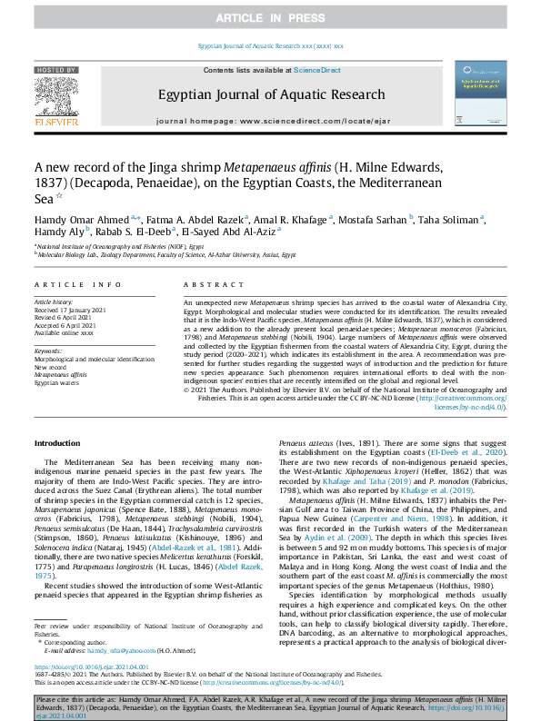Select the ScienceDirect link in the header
coord(316,70)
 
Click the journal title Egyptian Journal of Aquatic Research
coord(271,94)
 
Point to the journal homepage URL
coord(270,121)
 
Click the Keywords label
coord(48,350)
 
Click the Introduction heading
coord(57,443)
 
